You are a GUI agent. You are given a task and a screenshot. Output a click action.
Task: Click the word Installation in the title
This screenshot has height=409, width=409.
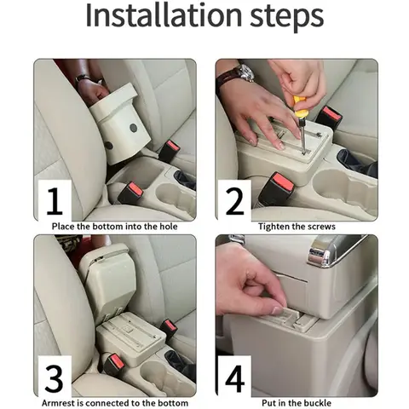pos(164,15)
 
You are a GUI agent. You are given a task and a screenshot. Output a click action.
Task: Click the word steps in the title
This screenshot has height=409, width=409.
pos(287,18)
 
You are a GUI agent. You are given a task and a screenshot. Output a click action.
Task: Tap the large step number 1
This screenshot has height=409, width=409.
pos(55,201)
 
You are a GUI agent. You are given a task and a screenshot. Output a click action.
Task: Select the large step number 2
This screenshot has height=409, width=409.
pos(235,201)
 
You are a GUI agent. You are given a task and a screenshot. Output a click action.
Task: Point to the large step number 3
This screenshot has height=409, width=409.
pos(54,378)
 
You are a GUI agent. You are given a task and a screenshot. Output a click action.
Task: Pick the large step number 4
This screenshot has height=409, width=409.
pos(235,378)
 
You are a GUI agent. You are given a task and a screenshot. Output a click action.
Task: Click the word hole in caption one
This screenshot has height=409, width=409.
pos(169,227)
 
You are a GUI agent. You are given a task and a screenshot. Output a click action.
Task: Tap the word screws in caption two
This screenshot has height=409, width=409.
pos(321,227)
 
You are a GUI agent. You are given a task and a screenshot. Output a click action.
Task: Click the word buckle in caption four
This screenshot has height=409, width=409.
pos(317,403)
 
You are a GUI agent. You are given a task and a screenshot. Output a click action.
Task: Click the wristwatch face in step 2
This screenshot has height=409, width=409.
pos(246,72)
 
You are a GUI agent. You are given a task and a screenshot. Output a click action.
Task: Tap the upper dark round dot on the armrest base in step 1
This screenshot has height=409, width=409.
pos(134,128)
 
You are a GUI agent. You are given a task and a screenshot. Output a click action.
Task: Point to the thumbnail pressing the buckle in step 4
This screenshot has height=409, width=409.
pos(277,309)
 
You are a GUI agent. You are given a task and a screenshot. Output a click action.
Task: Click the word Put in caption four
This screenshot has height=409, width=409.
pos(268,403)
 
